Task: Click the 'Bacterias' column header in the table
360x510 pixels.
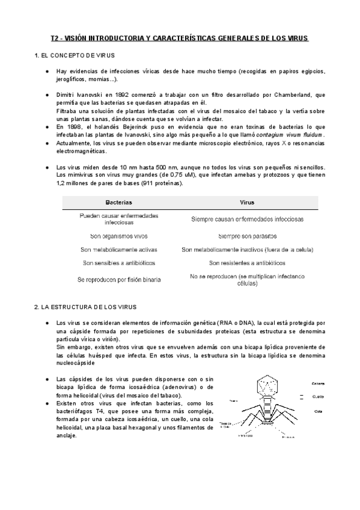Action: (118, 203)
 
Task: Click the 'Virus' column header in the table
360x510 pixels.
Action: (247, 203)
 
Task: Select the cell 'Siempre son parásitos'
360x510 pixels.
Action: (247, 236)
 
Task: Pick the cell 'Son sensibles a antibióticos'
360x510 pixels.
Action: (118, 263)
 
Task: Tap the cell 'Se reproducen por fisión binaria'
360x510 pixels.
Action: (118, 280)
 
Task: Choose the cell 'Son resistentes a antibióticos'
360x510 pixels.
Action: (247, 263)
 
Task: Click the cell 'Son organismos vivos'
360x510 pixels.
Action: (118, 236)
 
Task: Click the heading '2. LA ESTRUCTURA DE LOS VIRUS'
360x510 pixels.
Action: (86, 307)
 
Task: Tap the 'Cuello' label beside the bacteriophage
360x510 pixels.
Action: (319, 396)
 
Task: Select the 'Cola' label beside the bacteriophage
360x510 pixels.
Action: (317, 411)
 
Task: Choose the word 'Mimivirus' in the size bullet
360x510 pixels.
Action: (77, 174)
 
